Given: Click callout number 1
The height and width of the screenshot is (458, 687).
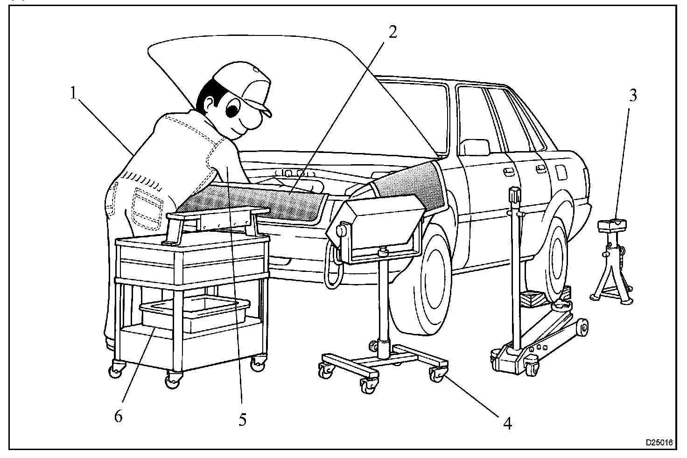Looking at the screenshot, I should point(73,94).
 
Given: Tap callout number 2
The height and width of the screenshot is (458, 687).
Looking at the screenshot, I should point(393,32).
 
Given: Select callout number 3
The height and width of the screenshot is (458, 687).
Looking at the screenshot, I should point(632,95).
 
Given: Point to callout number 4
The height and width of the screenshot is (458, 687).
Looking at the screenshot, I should point(507,423).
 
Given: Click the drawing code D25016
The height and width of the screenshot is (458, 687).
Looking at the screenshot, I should point(659,442).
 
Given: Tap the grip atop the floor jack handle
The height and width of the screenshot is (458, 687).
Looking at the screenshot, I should point(515,195).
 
